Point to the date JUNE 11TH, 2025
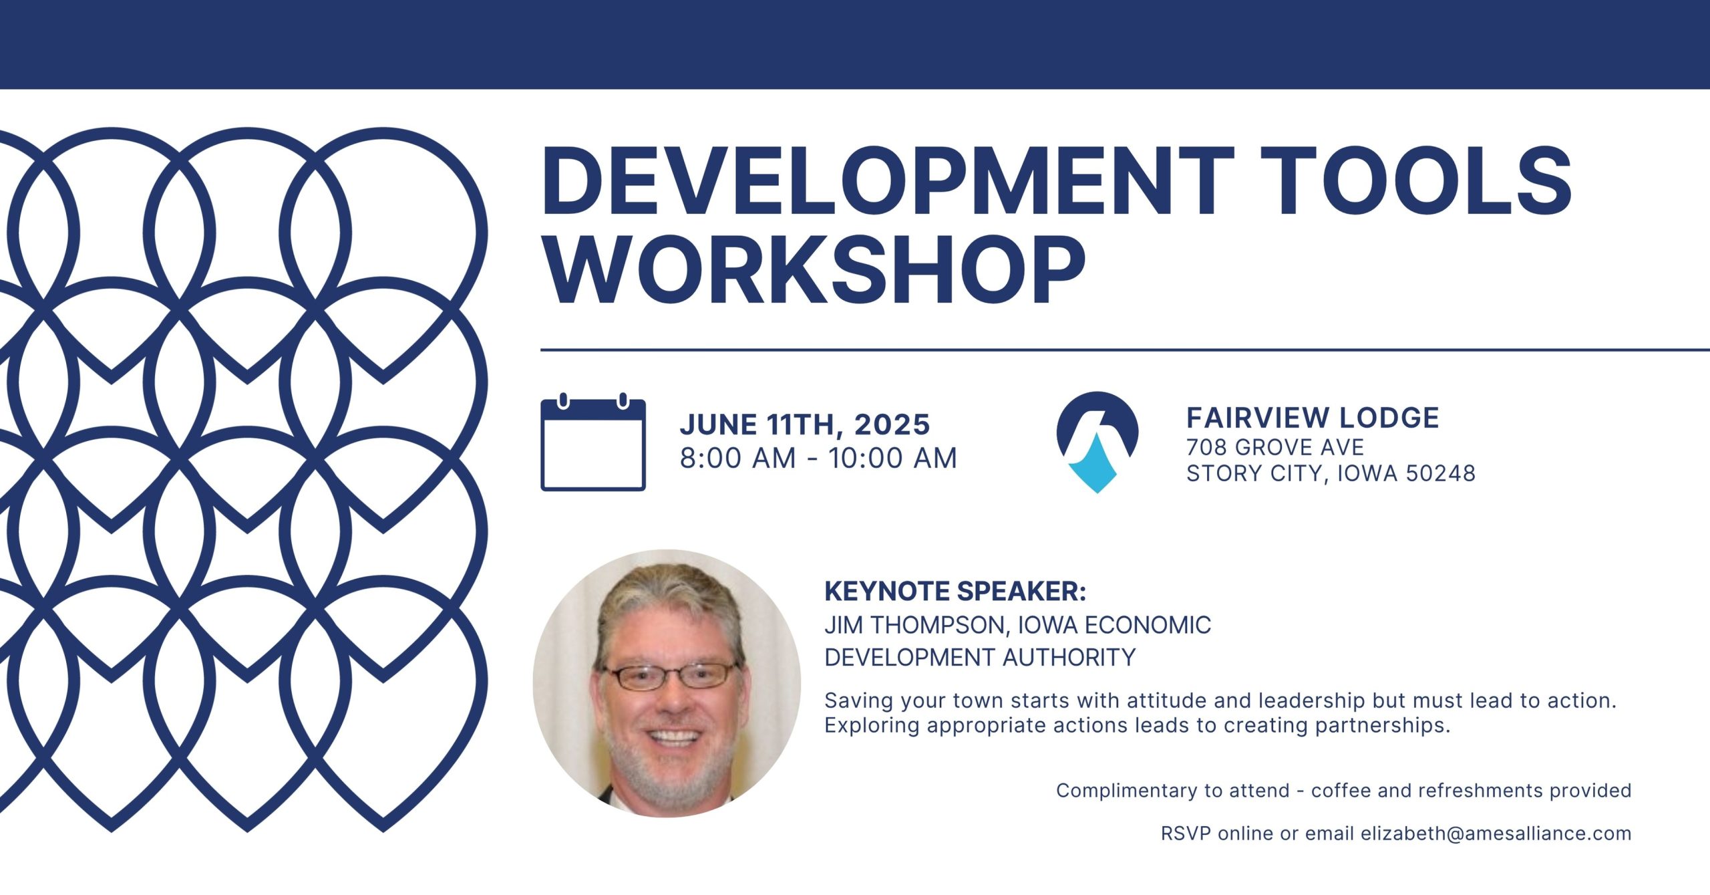coord(805,424)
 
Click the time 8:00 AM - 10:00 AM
coord(818,459)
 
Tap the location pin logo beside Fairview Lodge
coord(1097,442)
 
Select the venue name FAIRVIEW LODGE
coord(1313,418)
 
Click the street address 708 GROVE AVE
coord(1275,447)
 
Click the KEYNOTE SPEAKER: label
coord(955,592)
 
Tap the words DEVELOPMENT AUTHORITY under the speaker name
coord(980,658)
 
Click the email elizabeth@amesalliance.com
coord(1496,834)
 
